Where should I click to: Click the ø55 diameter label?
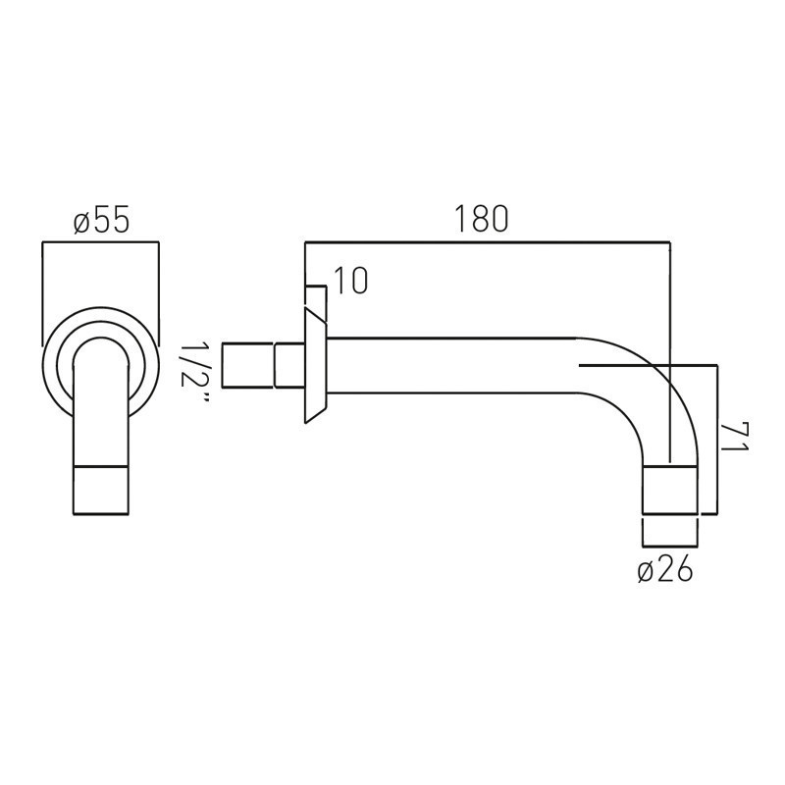102,219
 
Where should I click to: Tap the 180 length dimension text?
481,219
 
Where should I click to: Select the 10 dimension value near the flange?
350,281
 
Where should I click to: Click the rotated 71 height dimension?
734,437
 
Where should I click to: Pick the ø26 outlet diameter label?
665,569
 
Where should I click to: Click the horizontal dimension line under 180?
488,242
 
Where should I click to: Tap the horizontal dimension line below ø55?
101,242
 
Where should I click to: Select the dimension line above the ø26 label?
670,545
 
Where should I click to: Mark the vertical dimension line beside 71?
717,440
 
